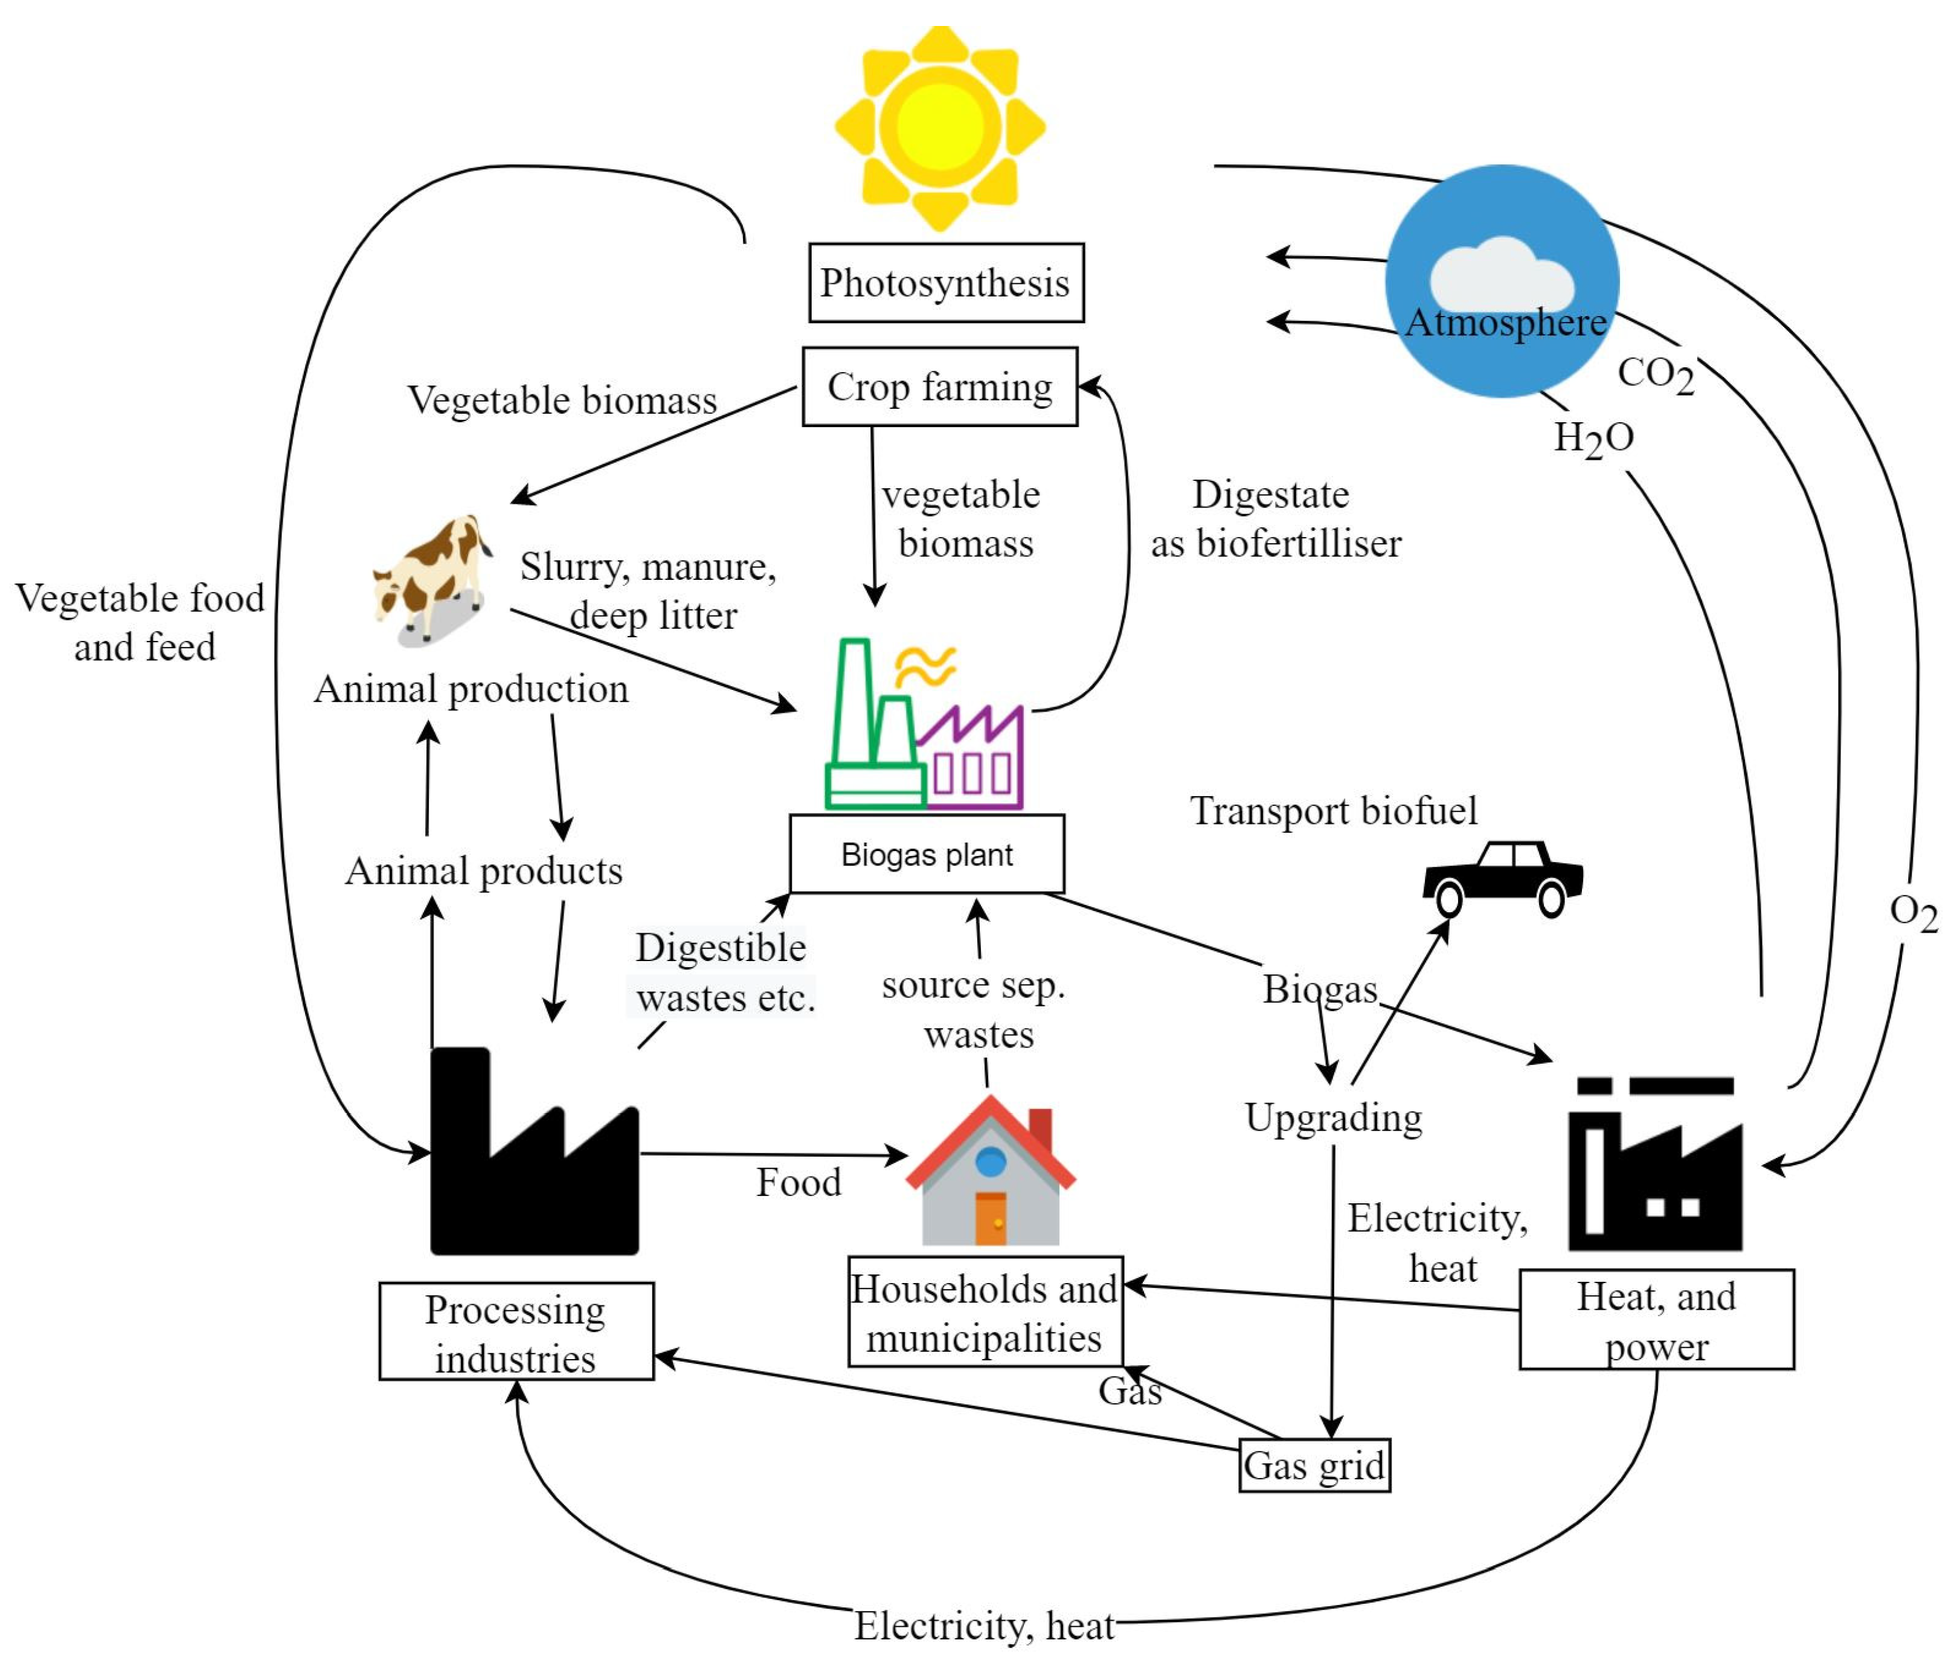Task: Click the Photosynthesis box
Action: [x=945, y=283]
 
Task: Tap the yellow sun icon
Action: [x=940, y=127]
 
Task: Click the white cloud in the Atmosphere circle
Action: [x=1501, y=273]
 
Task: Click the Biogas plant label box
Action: [x=927, y=854]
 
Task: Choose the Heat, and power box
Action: [x=1656, y=1319]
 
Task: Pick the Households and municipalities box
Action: [x=985, y=1312]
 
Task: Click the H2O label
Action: [x=1593, y=438]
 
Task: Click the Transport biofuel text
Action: [x=1332, y=811]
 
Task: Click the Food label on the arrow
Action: [x=799, y=1182]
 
